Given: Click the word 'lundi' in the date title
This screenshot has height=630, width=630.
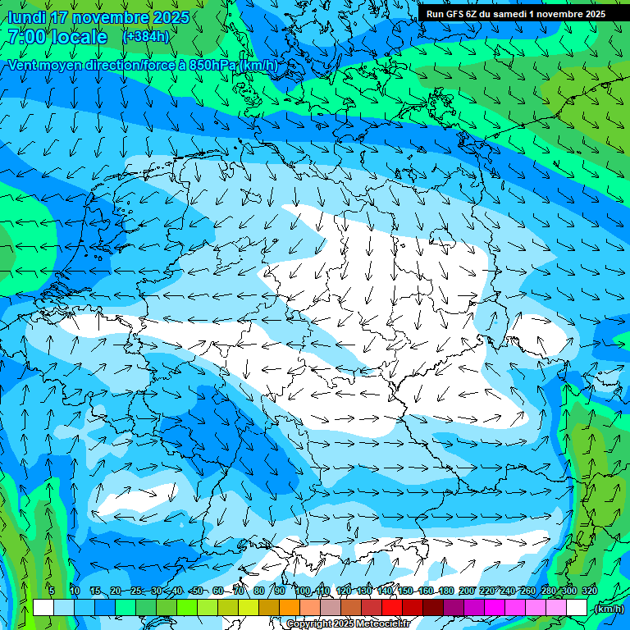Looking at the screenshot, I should tap(27, 17).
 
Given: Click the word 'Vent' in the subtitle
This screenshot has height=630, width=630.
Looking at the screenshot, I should tap(25, 66).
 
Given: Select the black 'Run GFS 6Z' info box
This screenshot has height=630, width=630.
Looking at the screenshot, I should tap(515, 13).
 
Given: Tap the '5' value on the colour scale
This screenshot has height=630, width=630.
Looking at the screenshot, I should tap(52, 591).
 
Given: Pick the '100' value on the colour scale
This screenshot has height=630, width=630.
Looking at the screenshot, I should tap(303, 591).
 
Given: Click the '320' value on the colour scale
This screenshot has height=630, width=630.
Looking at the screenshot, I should tap(590, 591).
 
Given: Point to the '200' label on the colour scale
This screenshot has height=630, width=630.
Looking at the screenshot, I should tap(467, 591).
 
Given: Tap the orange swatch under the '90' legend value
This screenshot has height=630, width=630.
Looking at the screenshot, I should tap(290, 608).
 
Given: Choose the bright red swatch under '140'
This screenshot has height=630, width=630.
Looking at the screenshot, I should tap(392, 608).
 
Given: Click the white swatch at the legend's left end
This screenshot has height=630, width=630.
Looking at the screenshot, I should tap(43, 608).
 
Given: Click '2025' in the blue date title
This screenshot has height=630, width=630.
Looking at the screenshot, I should tap(170, 17).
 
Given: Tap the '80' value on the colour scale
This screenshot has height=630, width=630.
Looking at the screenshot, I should tap(259, 591).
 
